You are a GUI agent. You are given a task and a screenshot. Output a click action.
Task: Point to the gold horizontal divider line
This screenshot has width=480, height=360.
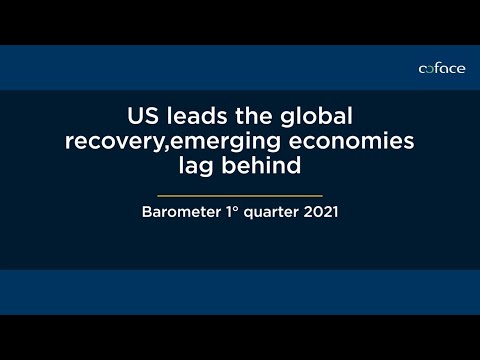tap(240, 194)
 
